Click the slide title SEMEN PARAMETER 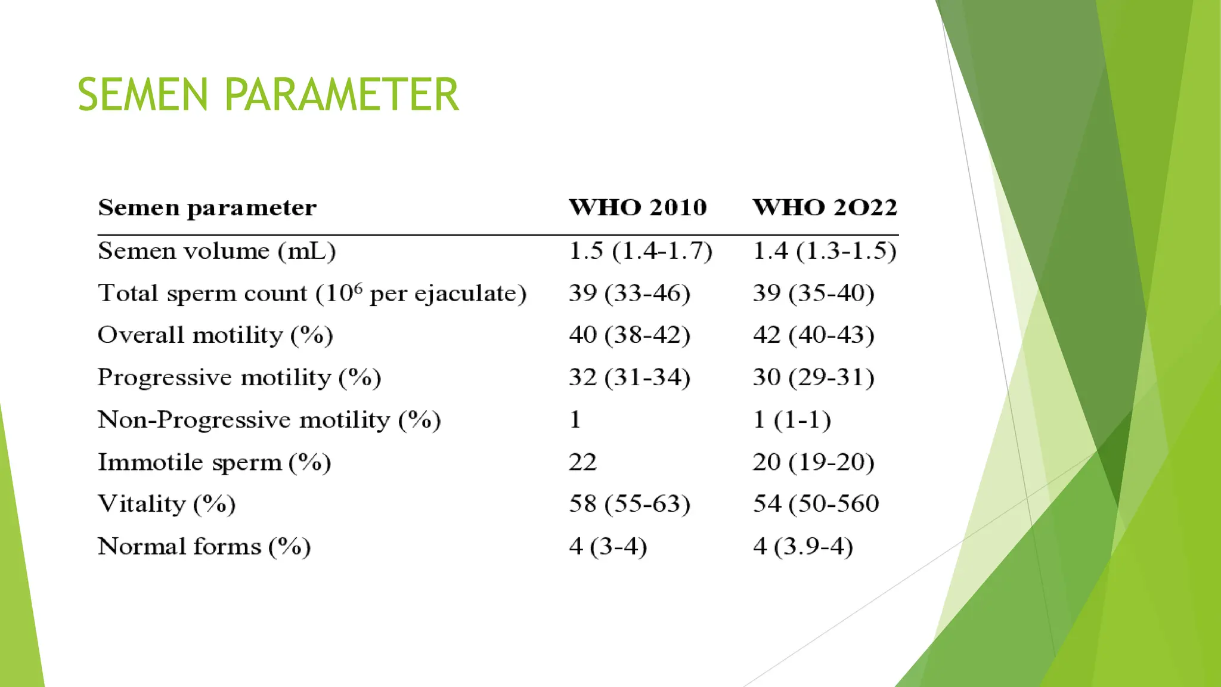click(268, 95)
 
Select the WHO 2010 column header click(637, 208)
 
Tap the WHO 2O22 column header click(825, 208)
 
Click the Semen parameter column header click(207, 208)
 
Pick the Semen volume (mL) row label click(216, 251)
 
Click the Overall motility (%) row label click(215, 335)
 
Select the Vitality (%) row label click(166, 505)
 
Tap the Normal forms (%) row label click(204, 546)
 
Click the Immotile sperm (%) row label click(214, 462)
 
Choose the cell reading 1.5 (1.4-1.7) click(640, 251)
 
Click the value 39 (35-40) click(813, 293)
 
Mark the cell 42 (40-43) click(813, 335)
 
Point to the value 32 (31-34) click(630, 377)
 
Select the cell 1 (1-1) click(792, 420)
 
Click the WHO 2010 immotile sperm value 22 click(582, 462)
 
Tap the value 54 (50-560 click(816, 504)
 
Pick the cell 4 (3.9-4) click(802, 546)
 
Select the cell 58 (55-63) click(630, 504)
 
